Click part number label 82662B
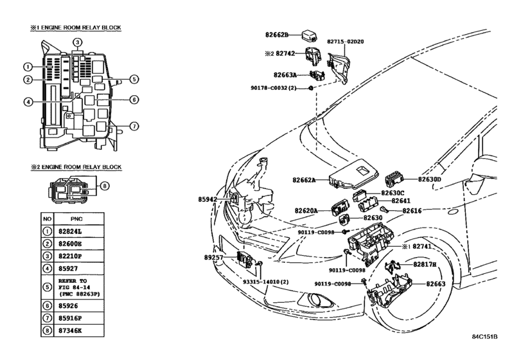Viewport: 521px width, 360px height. coord(277,35)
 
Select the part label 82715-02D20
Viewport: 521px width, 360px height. coord(345,42)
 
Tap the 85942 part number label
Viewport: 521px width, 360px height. coord(208,199)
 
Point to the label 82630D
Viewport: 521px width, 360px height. coord(429,179)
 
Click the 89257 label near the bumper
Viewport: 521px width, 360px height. coord(213,257)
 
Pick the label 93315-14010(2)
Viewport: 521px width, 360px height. coord(265,282)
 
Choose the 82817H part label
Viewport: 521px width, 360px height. coord(425,264)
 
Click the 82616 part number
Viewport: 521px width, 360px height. coord(412,211)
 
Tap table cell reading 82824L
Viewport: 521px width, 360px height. coord(70,231)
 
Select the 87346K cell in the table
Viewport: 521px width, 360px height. coord(70,330)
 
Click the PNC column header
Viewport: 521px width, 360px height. coord(76,219)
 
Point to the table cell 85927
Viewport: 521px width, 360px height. coord(68,269)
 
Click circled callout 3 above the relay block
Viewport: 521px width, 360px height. coord(77,42)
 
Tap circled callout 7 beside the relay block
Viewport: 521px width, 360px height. coord(134,126)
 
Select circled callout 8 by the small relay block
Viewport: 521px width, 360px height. coord(104,186)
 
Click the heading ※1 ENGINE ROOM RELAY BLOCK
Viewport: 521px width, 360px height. coord(76,28)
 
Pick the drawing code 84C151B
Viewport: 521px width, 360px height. coord(485,336)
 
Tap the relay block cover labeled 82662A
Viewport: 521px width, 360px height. coord(353,173)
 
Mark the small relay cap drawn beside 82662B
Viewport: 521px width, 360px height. coord(309,36)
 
